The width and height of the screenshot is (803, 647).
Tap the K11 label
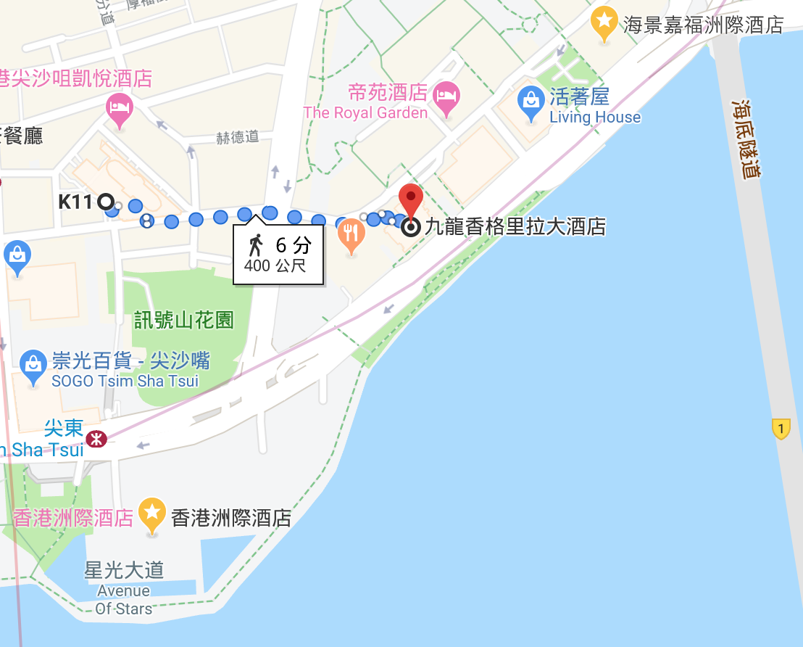point(75,202)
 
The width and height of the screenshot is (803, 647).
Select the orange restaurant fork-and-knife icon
point(351,234)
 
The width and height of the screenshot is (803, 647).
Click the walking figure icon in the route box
point(254,244)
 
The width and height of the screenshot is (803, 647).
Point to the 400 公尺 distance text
point(275,265)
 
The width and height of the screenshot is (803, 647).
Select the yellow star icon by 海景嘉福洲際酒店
point(604,20)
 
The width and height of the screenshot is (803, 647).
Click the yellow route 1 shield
point(780,429)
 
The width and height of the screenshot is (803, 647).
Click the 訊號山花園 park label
point(183,320)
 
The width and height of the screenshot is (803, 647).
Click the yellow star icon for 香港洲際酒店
point(152,513)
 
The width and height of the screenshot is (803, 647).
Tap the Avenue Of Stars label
point(125,599)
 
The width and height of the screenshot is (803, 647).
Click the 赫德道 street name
point(238,137)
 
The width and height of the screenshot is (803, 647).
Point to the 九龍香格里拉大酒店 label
point(515,227)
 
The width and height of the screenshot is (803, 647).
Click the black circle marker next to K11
point(105,202)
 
